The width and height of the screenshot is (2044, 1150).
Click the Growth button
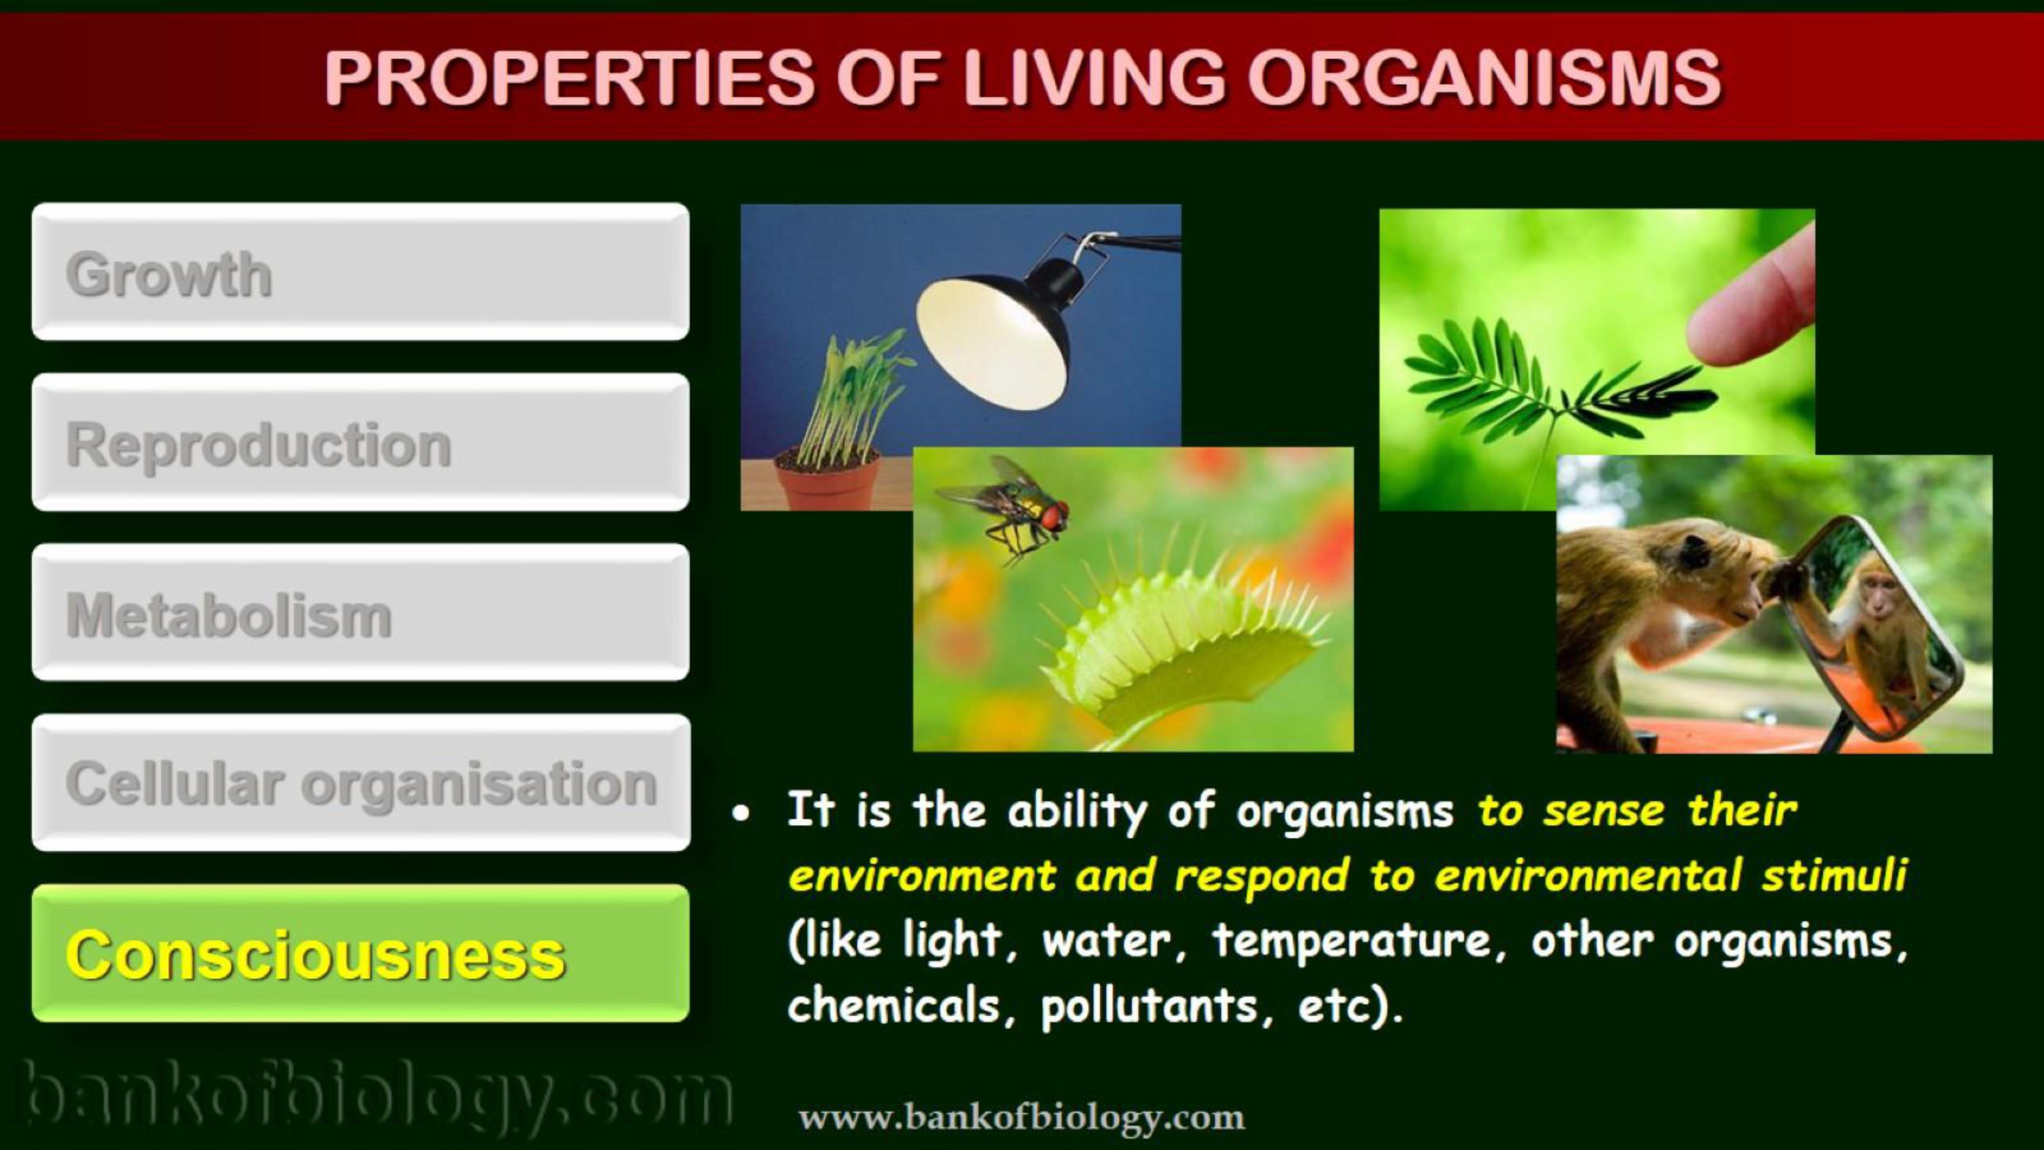(x=360, y=271)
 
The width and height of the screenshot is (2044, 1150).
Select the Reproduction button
(x=360, y=442)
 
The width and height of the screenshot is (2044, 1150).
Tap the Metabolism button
(x=360, y=612)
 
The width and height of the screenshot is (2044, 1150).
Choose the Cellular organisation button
(x=360, y=783)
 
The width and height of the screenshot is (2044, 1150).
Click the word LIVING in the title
(x=1094, y=77)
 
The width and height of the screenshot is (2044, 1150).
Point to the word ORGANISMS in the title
(x=1484, y=77)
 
